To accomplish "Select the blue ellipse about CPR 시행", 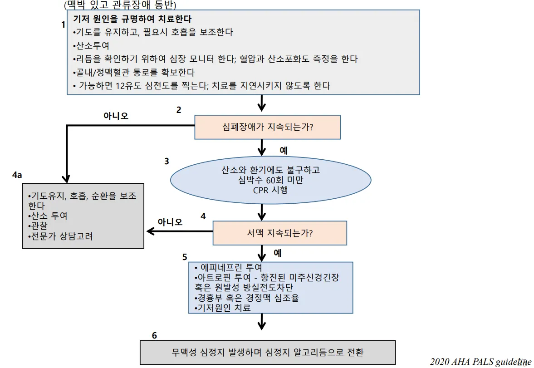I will point(261,181).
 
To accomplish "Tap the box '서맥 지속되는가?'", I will point(279,233).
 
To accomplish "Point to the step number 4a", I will point(17,175).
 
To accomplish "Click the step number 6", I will point(155,336).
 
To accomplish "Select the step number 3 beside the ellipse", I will point(167,161).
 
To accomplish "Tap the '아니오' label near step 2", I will point(116,116).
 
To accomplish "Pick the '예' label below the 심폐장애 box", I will point(284,150).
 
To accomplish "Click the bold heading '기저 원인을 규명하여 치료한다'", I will point(132,20).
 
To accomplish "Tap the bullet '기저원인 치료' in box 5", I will point(222,308).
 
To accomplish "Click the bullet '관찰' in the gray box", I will point(37,226).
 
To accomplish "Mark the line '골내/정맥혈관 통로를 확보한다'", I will point(133,72).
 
